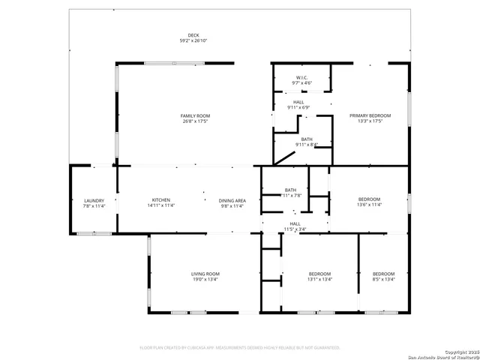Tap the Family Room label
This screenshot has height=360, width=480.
[x=194, y=115]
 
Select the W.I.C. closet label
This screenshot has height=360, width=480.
[x=302, y=77]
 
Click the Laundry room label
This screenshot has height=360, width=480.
[x=94, y=200]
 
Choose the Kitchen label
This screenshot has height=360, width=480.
[x=161, y=199]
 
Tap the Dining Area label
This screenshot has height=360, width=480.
[x=232, y=200]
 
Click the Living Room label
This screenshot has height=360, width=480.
[x=205, y=274]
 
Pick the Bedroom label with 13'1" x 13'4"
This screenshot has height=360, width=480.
[x=319, y=274]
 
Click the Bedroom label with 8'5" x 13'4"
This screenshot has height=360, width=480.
[x=383, y=274]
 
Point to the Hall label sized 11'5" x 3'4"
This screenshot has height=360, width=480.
[x=295, y=223]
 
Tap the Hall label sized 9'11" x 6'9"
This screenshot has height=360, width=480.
[x=298, y=102]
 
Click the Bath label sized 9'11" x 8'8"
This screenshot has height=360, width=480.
[x=307, y=139]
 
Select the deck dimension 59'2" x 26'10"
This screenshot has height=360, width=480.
[x=193, y=41]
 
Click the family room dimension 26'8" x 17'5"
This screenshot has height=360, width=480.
[x=194, y=121]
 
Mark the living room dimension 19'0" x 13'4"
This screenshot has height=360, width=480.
[x=205, y=279]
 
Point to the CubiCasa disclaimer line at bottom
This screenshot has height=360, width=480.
[x=240, y=348]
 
